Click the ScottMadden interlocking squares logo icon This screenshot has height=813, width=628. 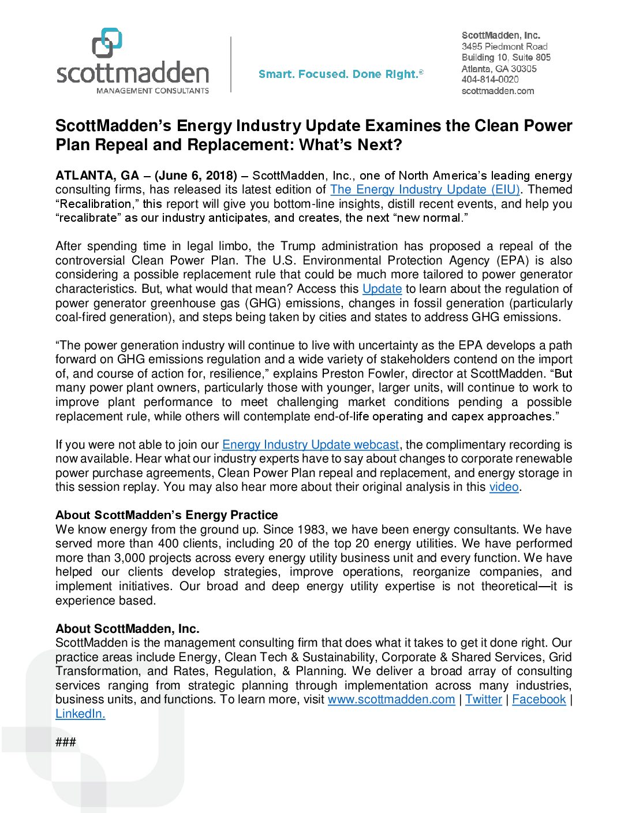(x=107, y=43)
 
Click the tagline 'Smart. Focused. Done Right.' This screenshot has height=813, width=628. (x=341, y=74)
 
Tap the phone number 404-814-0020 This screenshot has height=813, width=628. (x=489, y=80)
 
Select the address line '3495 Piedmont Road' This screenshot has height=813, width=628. (x=504, y=46)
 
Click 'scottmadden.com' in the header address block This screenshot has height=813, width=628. (x=498, y=91)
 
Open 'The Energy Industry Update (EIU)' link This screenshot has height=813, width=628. (x=425, y=189)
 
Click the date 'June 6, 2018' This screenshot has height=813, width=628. (x=196, y=176)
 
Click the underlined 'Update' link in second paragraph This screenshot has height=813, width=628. (x=382, y=289)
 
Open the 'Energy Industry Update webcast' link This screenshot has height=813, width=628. (x=310, y=445)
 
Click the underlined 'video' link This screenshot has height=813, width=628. (x=504, y=487)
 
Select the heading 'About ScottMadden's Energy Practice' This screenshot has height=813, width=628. (x=166, y=515)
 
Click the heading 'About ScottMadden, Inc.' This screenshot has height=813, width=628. (x=127, y=629)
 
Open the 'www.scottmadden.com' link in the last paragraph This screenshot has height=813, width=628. (x=391, y=699)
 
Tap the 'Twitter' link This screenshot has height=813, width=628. (x=483, y=699)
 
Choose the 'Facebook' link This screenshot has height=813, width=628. (x=539, y=699)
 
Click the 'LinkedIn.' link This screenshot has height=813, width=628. (x=80, y=714)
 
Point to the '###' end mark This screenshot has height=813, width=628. (x=65, y=742)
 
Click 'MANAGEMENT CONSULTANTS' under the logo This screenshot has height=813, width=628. (x=152, y=91)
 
